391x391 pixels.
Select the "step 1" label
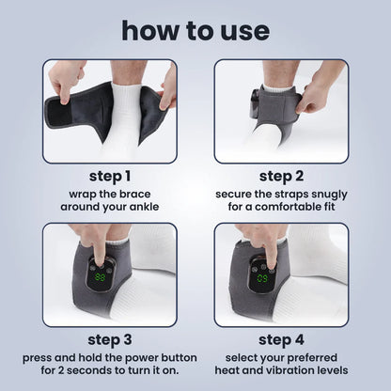pyautogui.click(x=109, y=176)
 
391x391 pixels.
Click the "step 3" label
pyautogui.click(x=109, y=339)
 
